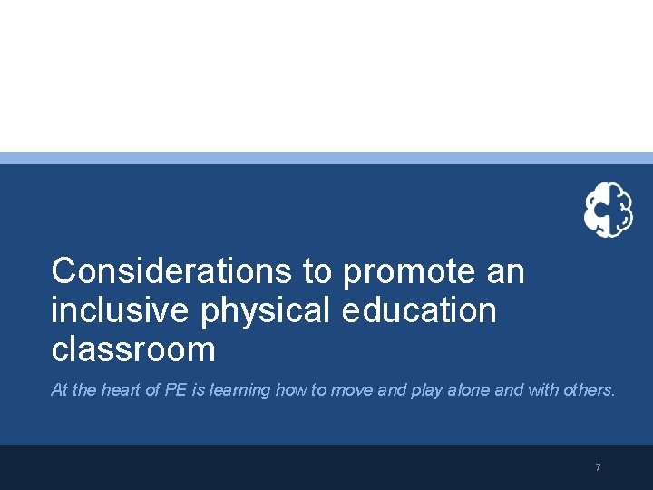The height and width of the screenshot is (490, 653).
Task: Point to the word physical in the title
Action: tap(266, 310)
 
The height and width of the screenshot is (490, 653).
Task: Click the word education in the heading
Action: tap(420, 310)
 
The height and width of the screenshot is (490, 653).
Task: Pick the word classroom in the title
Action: tap(133, 349)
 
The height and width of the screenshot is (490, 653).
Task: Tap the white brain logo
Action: tap(608, 210)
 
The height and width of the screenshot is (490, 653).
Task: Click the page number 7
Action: tap(598, 467)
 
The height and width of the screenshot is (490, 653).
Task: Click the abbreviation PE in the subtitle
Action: tap(174, 390)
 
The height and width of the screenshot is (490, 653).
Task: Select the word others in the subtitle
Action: tap(590, 390)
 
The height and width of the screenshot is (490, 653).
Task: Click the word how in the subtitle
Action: tap(291, 390)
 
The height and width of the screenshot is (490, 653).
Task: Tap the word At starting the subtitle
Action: tap(60, 390)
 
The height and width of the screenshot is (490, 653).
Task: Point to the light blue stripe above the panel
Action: tap(326, 158)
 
